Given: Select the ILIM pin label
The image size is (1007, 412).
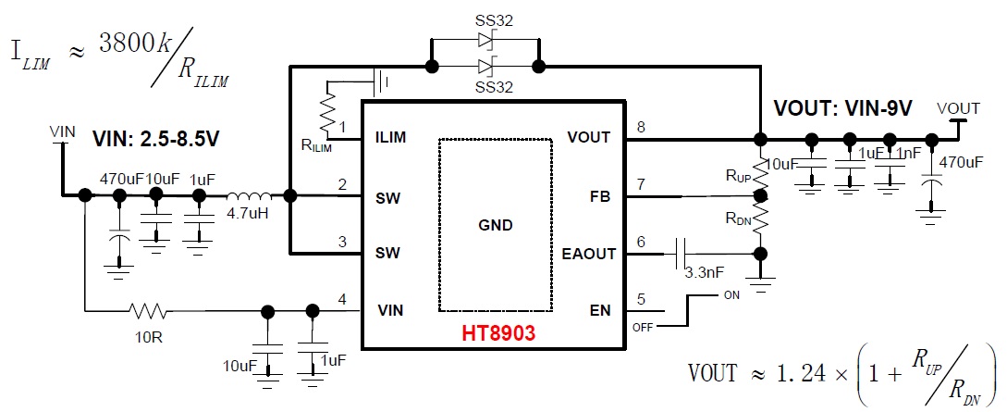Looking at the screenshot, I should point(392,138).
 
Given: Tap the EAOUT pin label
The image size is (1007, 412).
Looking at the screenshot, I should point(588,254).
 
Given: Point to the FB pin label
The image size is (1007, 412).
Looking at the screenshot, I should point(601,196).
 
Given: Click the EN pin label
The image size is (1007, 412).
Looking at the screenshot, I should point(601,309).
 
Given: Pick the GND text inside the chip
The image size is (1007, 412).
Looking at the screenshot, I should point(495,225).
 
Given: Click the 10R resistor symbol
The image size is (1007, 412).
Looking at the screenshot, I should point(149,310).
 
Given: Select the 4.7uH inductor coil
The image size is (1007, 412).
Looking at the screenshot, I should point(250,196).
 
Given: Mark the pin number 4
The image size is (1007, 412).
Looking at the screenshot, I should point(342,299).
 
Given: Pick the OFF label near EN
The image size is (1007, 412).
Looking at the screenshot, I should point(643,327).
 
